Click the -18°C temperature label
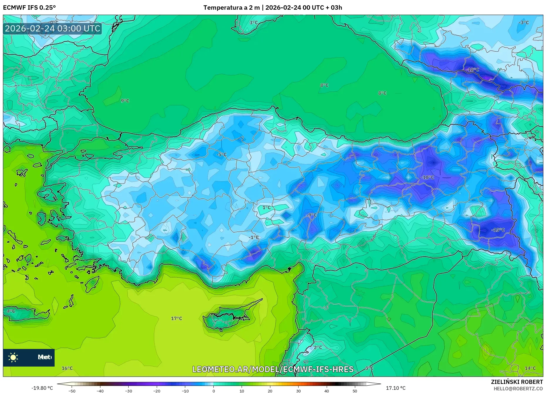coord(472,70)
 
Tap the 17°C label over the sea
coord(176,318)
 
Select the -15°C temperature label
coord(498,230)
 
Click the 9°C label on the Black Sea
coord(125,101)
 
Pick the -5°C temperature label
coord(221,154)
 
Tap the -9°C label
coord(312,215)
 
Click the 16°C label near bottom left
coord(67,368)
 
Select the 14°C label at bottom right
coord(530,368)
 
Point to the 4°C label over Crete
coord(11,311)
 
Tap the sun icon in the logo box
coord(13,357)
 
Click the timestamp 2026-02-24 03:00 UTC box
coord(53,28)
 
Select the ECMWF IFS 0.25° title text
coord(29,8)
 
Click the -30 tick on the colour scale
coord(129,391)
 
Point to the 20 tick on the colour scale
coord(270,391)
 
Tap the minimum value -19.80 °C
coord(42,388)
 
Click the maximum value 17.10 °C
coord(395,388)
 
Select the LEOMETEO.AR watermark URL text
coord(273,369)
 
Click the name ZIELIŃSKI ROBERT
coord(517,382)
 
